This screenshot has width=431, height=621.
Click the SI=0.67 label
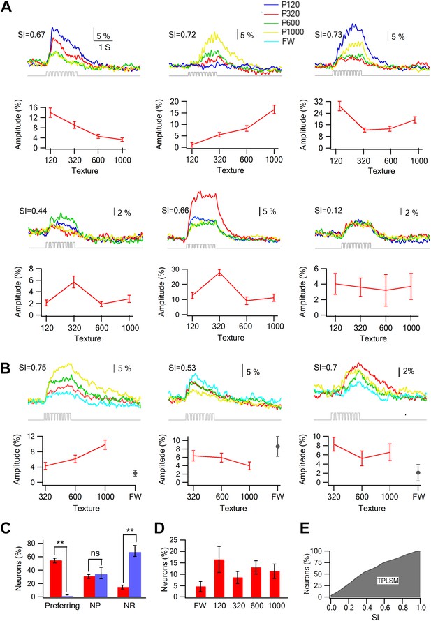31,35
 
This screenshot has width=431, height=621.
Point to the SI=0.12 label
328,210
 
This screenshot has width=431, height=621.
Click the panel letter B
6,368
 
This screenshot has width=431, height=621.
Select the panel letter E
305,529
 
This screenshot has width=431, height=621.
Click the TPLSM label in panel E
388,581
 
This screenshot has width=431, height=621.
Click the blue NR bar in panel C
136,574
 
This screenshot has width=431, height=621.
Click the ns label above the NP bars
95,553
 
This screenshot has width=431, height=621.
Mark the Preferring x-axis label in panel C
62,606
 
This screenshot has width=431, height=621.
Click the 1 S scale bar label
105,47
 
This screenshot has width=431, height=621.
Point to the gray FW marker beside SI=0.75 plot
136,473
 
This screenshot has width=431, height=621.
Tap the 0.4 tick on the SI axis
367,607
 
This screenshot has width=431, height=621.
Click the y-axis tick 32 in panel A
319,102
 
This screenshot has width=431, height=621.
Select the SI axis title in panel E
375,617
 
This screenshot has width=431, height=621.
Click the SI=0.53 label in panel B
182,368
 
